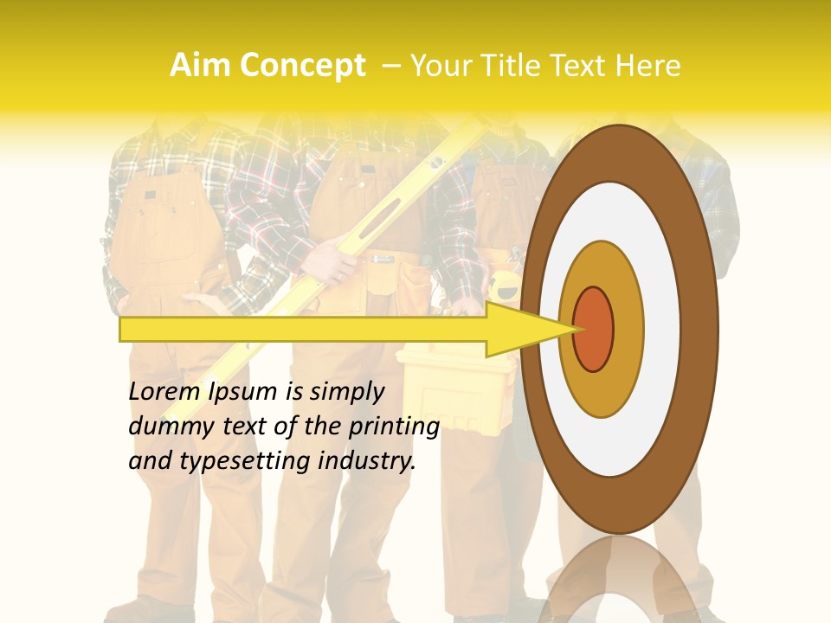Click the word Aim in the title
[x=201, y=66]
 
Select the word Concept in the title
[x=302, y=66]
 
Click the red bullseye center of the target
[x=593, y=329]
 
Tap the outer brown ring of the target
[x=699, y=329]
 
